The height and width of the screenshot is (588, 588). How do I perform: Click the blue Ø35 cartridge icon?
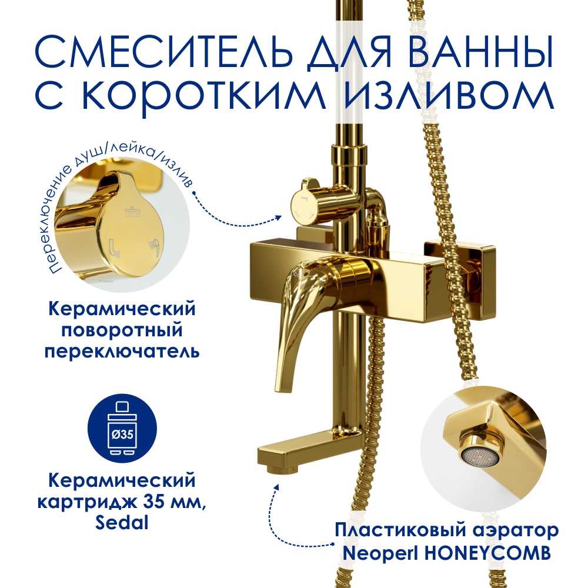(x=122, y=429)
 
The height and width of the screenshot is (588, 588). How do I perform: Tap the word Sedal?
(x=122, y=522)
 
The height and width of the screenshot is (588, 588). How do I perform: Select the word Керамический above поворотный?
(x=122, y=310)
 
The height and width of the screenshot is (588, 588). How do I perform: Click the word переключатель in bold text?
(x=122, y=352)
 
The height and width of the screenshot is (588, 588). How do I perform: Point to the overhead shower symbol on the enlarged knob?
(x=132, y=211)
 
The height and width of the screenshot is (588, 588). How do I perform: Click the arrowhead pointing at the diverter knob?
(x=278, y=217)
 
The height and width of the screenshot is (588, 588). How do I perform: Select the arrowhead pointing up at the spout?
(x=277, y=486)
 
